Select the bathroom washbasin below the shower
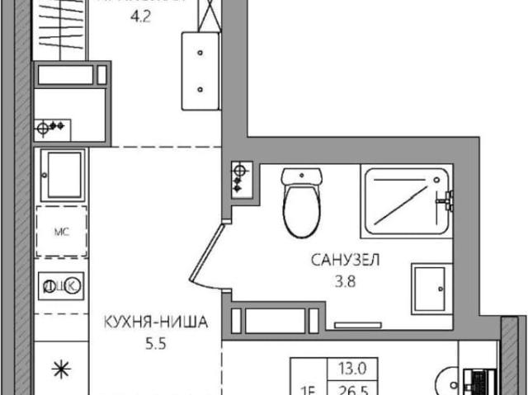click(x=431, y=289)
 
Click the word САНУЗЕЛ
click(x=345, y=261)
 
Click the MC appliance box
click(x=60, y=232)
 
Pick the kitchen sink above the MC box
click(x=62, y=174)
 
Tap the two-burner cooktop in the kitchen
click(x=61, y=285)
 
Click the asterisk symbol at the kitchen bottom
click(x=61, y=370)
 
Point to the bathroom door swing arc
click(x=213, y=256)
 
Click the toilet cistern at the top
click(x=301, y=177)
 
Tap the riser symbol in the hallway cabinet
click(x=51, y=127)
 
